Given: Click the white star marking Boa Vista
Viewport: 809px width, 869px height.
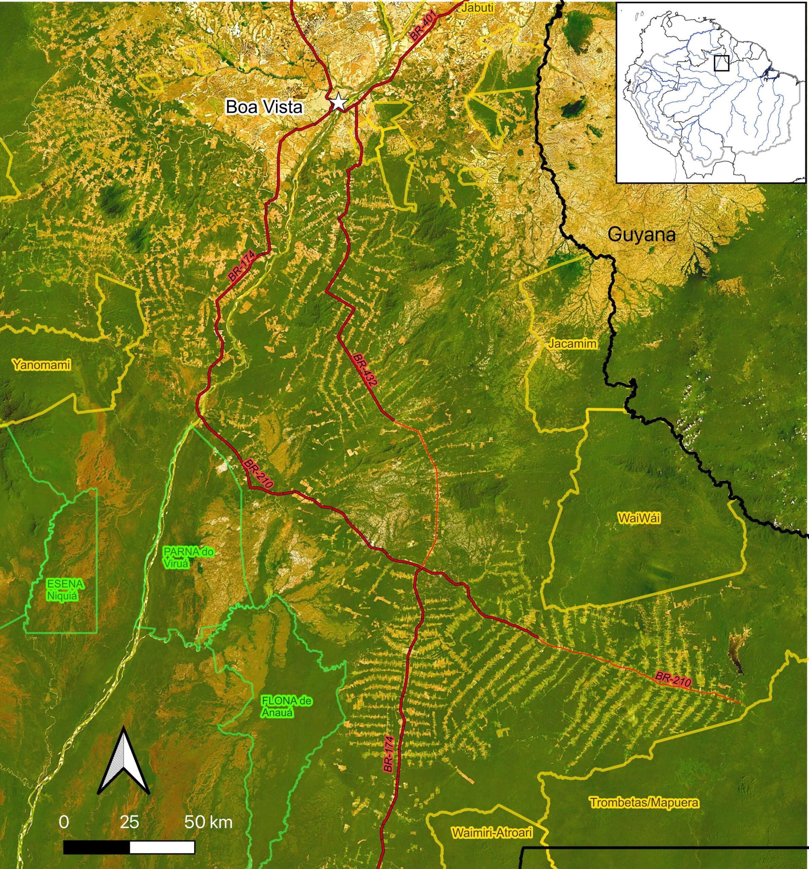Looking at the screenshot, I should (338, 102).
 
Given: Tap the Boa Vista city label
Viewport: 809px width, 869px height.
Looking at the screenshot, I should (264, 107).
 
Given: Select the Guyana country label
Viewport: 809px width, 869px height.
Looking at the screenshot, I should (642, 235).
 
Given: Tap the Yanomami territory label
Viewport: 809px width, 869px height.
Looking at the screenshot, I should (41, 365).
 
